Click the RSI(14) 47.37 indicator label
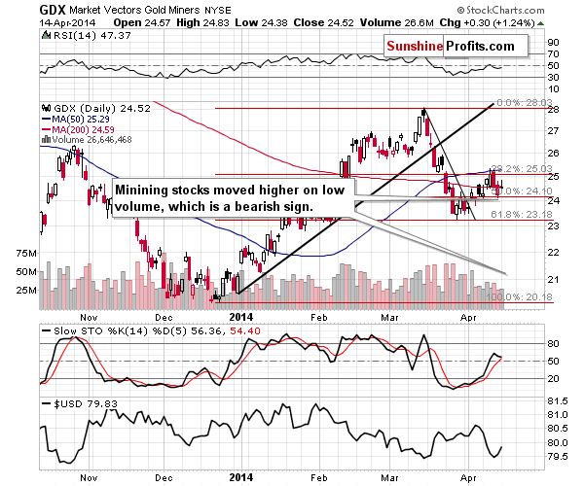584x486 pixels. pyautogui.click(x=80, y=36)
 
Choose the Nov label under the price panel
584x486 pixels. pyautogui.click(x=90, y=316)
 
